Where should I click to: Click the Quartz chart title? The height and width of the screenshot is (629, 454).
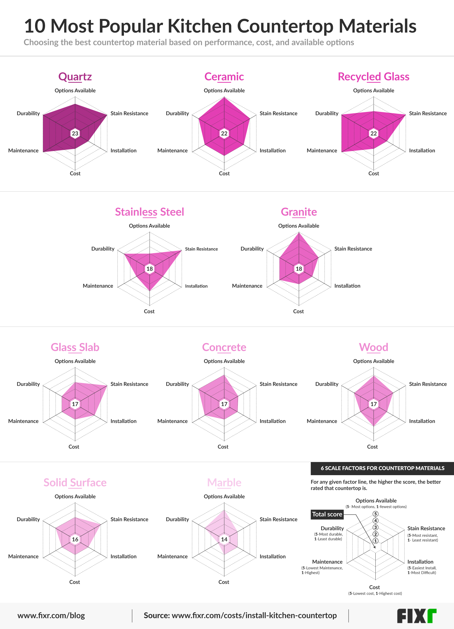(75, 77)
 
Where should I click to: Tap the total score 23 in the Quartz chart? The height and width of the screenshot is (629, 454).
(75, 133)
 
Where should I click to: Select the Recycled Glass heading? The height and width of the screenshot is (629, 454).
(373, 77)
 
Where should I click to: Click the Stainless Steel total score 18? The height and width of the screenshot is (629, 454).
(149, 269)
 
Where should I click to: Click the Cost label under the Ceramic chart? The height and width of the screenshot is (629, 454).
(224, 173)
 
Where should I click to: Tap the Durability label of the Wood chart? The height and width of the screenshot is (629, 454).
(326, 384)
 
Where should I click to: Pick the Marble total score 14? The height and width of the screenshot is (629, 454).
(224, 539)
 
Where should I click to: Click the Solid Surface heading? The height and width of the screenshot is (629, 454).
(75, 482)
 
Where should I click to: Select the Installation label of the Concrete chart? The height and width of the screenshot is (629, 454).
(272, 421)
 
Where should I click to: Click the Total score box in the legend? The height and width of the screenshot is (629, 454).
(327, 514)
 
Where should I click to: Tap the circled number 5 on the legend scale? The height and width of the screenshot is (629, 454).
(375, 514)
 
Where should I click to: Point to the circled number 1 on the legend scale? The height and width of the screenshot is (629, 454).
(375, 540)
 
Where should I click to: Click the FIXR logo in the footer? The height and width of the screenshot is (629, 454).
(416, 616)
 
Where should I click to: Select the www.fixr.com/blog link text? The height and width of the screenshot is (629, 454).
(51, 615)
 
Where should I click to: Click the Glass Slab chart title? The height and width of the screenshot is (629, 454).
(75, 347)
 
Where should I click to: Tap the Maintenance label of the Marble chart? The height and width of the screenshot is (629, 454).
(172, 556)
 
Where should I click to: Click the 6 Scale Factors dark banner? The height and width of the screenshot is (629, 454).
(382, 468)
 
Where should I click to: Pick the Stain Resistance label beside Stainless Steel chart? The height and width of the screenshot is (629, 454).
(201, 249)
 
